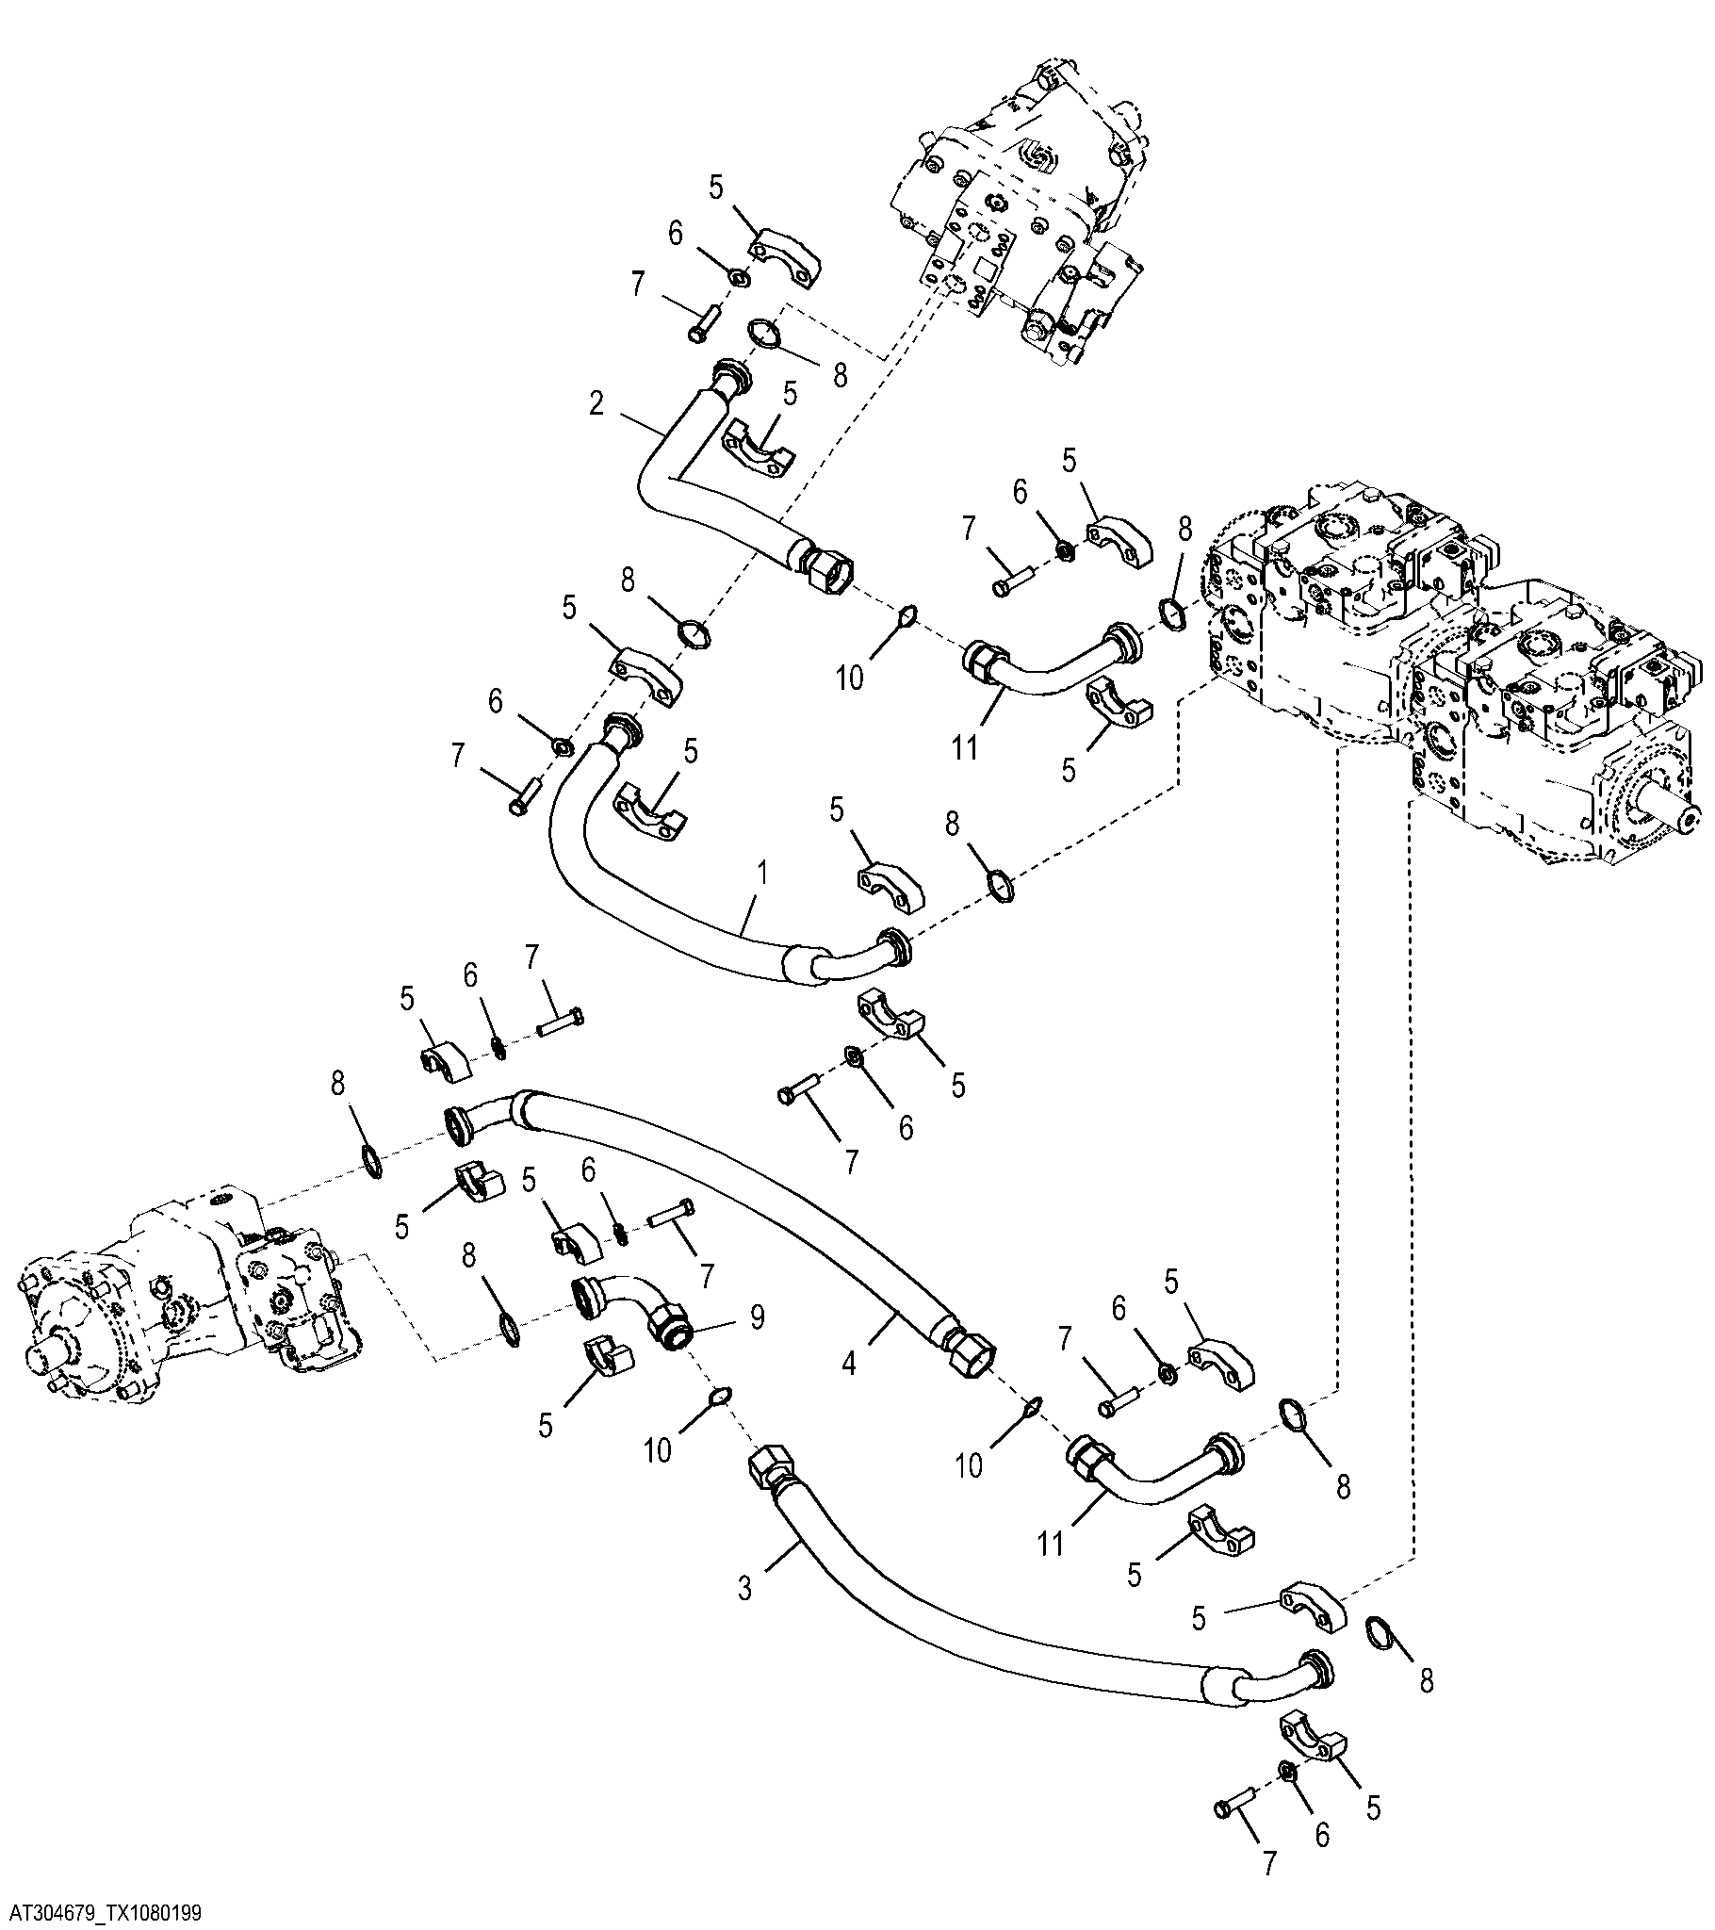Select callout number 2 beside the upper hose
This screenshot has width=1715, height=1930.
(x=596, y=403)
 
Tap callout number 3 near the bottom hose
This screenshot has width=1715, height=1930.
(x=745, y=1588)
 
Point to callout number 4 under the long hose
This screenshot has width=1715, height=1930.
(x=849, y=1364)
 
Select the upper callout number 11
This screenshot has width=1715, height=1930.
(x=964, y=748)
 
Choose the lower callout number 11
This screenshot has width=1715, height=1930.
(x=1050, y=1544)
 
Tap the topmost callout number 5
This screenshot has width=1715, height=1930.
(x=715, y=188)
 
